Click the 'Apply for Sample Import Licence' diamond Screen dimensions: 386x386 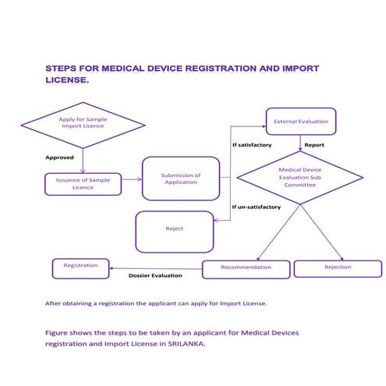82,125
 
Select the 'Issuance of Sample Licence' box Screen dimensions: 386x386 83,183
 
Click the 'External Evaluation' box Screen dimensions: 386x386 300,121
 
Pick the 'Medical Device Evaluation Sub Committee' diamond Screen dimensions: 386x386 300,177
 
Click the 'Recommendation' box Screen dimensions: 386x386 246,268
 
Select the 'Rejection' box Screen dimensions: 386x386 337,268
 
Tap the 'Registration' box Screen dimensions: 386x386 80,267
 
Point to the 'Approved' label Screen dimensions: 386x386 59,157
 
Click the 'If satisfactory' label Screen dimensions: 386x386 253,146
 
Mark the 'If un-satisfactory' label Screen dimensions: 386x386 257,207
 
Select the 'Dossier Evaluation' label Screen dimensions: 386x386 155,276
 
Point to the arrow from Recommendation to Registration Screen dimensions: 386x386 156,267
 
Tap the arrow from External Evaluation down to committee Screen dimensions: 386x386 300,141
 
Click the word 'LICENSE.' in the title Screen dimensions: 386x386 66,80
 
